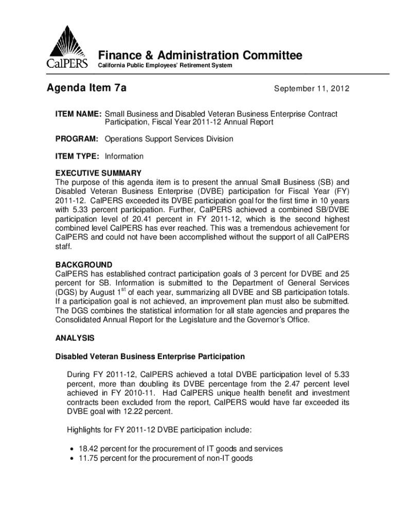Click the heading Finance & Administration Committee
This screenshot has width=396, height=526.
point(201,55)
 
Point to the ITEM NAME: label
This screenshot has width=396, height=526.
point(78,114)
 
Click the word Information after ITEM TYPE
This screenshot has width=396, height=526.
point(124,156)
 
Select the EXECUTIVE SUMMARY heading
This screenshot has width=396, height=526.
point(98,173)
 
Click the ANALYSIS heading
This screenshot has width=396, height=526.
point(75,339)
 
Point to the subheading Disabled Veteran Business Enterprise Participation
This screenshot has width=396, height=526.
point(150,356)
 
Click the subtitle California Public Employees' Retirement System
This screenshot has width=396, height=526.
point(165,66)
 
